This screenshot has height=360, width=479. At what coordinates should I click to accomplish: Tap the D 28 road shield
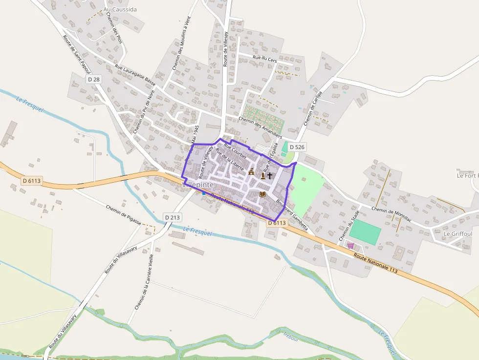pyautogui.click(x=94, y=79)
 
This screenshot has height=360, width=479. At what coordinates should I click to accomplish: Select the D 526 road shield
pyautogui.click(x=297, y=147)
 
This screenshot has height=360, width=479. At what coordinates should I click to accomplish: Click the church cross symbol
pyautogui.click(x=270, y=175)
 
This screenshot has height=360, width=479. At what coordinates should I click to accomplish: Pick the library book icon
pyautogui.click(x=262, y=194)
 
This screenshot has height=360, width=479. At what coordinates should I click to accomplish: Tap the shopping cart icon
pyautogui.click(x=350, y=245)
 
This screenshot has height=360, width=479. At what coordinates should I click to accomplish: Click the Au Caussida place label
pyautogui.click(x=120, y=9)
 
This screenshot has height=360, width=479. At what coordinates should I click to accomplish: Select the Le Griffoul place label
pyautogui.click(x=457, y=234)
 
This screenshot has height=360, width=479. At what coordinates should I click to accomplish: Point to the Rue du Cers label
pyautogui.click(x=264, y=58)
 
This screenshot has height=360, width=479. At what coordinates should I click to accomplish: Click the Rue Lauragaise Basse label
pyautogui.click(x=135, y=75)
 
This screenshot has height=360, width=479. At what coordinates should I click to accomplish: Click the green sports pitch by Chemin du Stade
pyautogui.click(x=365, y=232)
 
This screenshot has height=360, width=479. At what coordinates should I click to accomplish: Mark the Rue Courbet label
pyautogui.click(x=235, y=150)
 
